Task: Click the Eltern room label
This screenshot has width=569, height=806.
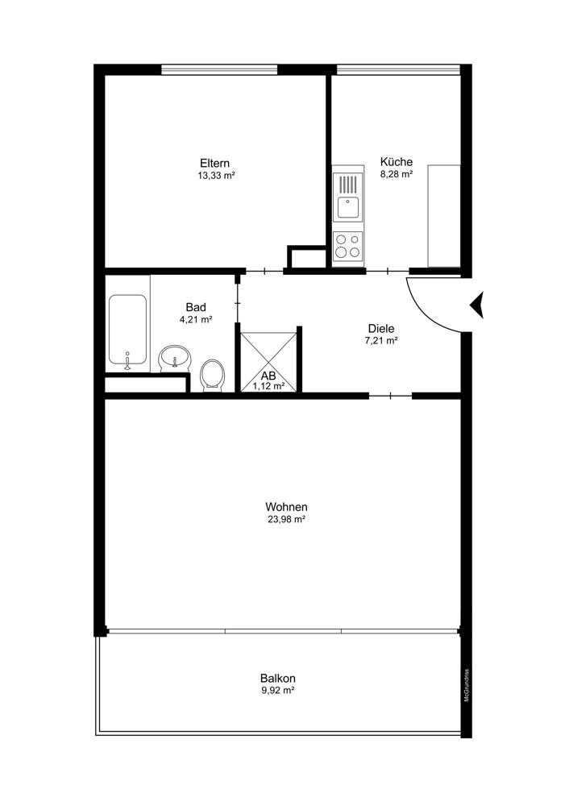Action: (215, 162)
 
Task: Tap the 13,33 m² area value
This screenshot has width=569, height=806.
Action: (215, 175)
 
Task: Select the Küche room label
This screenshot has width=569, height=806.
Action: (396, 161)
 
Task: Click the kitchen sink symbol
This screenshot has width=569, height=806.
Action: (347, 206)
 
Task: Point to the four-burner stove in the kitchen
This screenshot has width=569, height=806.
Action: (347, 246)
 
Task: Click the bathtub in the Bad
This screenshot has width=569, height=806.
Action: (127, 331)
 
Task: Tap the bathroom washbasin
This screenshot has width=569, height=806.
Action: (174, 355)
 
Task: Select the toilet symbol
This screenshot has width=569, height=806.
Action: (211, 375)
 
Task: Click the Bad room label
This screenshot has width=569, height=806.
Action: (195, 307)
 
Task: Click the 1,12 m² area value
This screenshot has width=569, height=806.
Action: (268, 386)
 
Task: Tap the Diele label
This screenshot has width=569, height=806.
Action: (380, 328)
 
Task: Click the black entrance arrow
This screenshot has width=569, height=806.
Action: (476, 304)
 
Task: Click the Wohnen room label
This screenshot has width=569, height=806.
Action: (286, 507)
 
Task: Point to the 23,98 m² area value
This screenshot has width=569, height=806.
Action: (286, 520)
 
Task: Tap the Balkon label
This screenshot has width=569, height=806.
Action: (276, 678)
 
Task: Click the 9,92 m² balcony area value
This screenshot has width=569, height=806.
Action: (276, 691)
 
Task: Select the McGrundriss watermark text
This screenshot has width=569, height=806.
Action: (467, 685)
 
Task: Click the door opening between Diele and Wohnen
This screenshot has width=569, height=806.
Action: (390, 396)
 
